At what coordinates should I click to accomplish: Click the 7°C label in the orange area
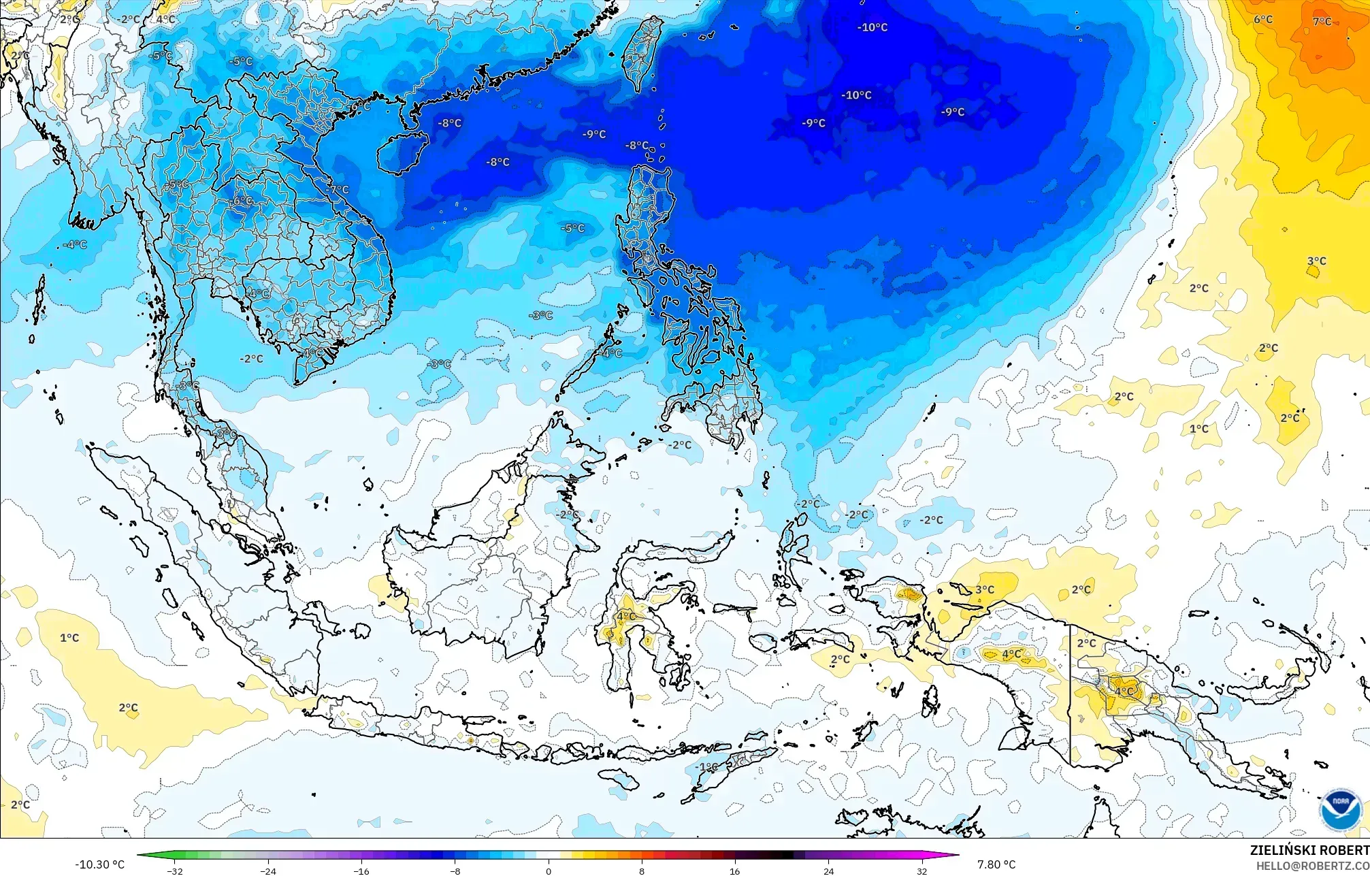(1322, 21)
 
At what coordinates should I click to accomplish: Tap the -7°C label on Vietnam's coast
(338, 190)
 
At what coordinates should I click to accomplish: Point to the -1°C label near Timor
(706, 767)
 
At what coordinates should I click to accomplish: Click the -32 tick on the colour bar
(175, 871)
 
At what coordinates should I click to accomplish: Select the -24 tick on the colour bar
(269, 871)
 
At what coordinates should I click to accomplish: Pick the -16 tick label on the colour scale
(362, 871)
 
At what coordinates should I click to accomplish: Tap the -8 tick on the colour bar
(455, 871)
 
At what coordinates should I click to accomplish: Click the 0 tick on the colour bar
(549, 871)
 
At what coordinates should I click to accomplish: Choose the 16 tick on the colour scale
(735, 871)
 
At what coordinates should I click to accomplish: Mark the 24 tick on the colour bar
(828, 871)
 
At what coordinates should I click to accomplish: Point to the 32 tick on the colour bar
(922, 871)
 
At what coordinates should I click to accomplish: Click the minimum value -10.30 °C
(100, 864)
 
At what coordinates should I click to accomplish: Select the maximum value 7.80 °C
(996, 864)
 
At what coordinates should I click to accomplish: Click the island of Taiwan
(642, 54)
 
